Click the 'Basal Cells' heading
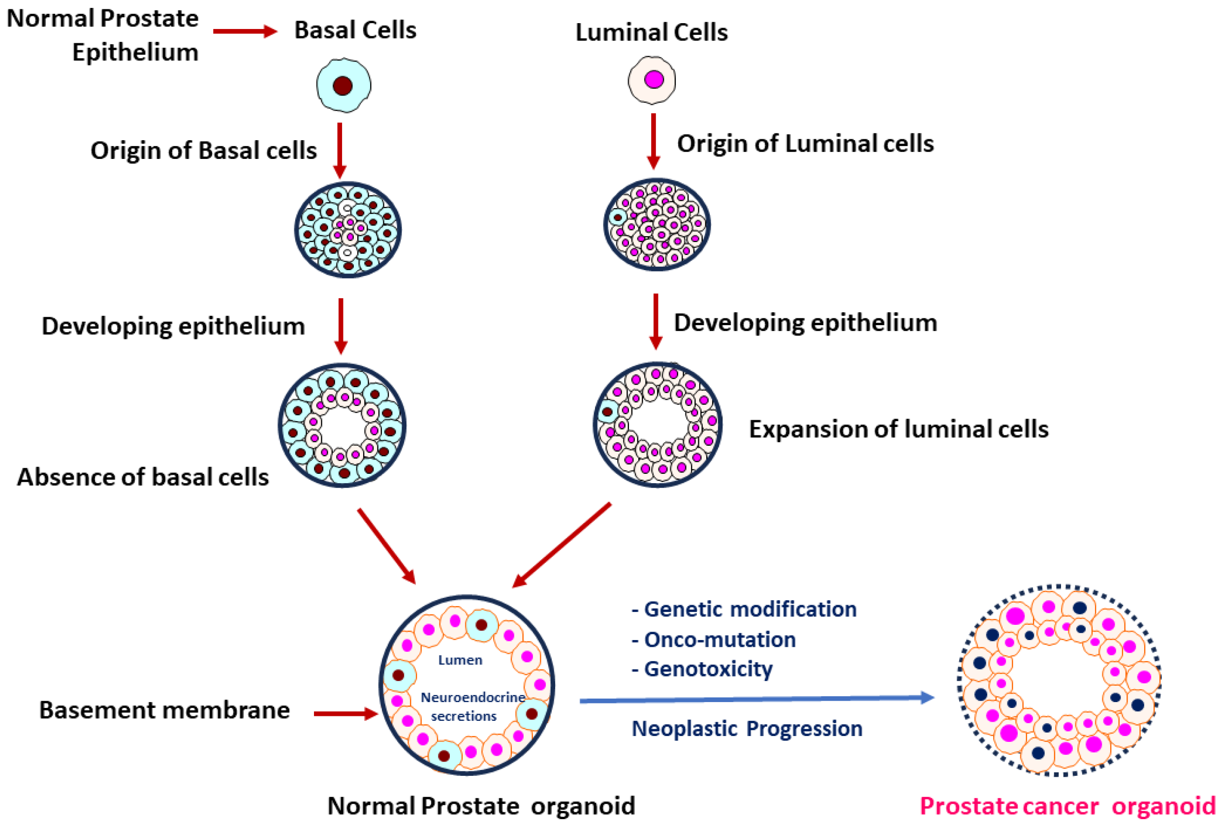coord(355,30)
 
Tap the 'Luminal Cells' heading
coord(652,32)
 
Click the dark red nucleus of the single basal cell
coord(343,86)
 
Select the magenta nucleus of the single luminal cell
coord(654,80)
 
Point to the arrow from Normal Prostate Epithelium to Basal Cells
coord(245,31)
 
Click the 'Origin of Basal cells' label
coord(203,151)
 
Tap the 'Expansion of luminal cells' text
coord(899,429)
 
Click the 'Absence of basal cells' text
coord(143,477)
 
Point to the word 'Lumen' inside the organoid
coord(460,660)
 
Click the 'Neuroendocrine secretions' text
coord(473,706)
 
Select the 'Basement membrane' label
coord(164,710)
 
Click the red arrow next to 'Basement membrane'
coord(345,713)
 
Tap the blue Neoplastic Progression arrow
coord(757,699)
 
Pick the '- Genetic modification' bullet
coord(744,609)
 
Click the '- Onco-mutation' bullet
coord(714,640)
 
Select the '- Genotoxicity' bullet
coord(702,670)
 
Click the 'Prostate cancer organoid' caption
coord(1067,806)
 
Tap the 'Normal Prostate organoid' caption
coord(481,806)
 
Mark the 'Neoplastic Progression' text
coord(747,729)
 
